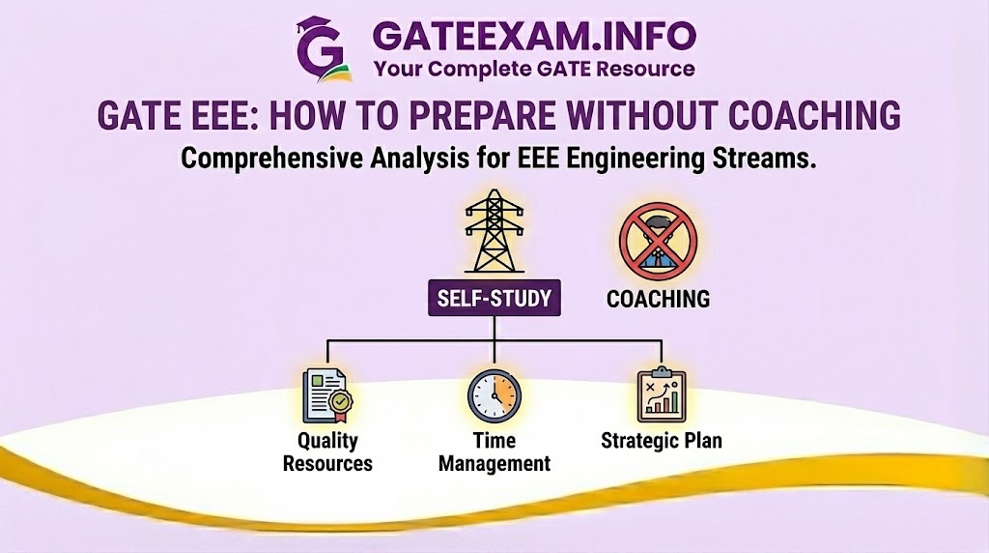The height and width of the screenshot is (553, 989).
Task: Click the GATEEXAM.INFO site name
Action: pyautogui.click(x=534, y=37)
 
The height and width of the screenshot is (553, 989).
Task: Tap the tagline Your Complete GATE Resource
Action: pyautogui.click(x=534, y=70)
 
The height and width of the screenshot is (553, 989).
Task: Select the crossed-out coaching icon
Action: pyautogui.click(x=658, y=241)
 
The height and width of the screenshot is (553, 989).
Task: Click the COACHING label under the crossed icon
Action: pyautogui.click(x=658, y=299)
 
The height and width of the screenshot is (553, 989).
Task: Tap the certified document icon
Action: pyautogui.click(x=327, y=395)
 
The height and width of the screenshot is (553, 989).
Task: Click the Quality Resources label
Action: pyautogui.click(x=327, y=452)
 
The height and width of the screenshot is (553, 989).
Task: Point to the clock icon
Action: pyautogui.click(x=494, y=395)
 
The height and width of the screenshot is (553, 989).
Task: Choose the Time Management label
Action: pyautogui.click(x=494, y=452)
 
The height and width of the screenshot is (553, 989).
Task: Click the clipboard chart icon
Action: pyautogui.click(x=661, y=393)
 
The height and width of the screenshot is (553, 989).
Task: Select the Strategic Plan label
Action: pyautogui.click(x=661, y=441)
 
